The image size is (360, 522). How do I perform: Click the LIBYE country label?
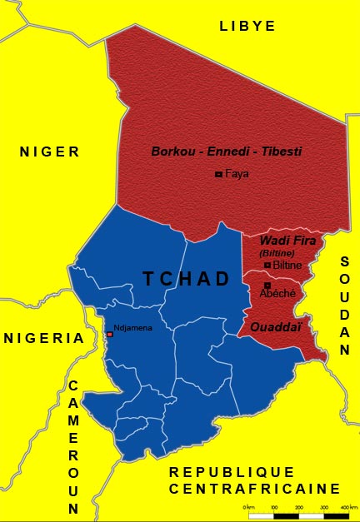247,27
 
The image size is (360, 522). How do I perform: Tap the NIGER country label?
50,152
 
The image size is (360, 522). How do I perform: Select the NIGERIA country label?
44,338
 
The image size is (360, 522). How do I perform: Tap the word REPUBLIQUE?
232,472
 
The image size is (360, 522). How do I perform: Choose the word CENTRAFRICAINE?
254,489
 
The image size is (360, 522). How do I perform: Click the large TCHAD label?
186,279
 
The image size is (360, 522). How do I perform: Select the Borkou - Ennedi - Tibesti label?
226,152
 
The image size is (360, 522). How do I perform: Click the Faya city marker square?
218,174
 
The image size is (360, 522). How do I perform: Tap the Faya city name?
237,174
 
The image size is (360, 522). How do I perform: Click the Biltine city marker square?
267,265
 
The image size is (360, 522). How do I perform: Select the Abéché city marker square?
267,286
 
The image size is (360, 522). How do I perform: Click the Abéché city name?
277,294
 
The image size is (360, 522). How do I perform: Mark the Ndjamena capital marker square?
109,334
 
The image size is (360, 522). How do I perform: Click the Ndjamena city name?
133,327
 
